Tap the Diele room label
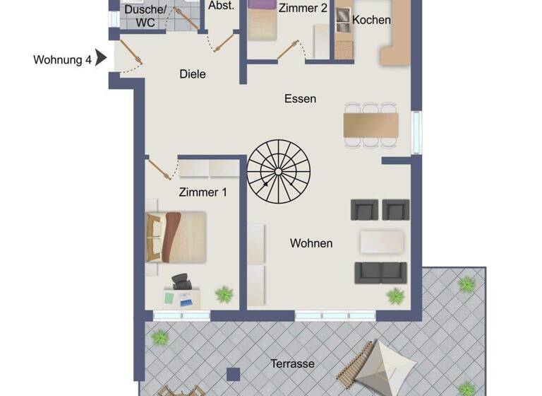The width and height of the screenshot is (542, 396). tap(193, 74)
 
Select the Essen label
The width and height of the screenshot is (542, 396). tap(300, 99)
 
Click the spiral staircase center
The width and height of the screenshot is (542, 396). tap(278, 171)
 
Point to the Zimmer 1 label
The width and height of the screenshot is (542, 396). tap(203, 192)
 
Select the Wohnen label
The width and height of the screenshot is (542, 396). tap(311, 243)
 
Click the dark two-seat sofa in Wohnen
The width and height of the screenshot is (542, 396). tap(380, 272)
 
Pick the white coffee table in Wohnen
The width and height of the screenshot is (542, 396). tap(383, 241)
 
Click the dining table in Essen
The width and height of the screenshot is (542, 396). tap(370, 125)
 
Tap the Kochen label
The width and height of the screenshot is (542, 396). tap(371, 20)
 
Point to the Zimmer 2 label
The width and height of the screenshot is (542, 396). tap(303, 8)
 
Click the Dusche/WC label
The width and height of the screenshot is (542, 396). tap(145, 16)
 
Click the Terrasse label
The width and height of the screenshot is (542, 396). tap(292, 364)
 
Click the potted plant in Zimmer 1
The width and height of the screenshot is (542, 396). tap(224, 293)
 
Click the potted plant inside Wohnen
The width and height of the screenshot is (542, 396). tap(395, 295)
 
